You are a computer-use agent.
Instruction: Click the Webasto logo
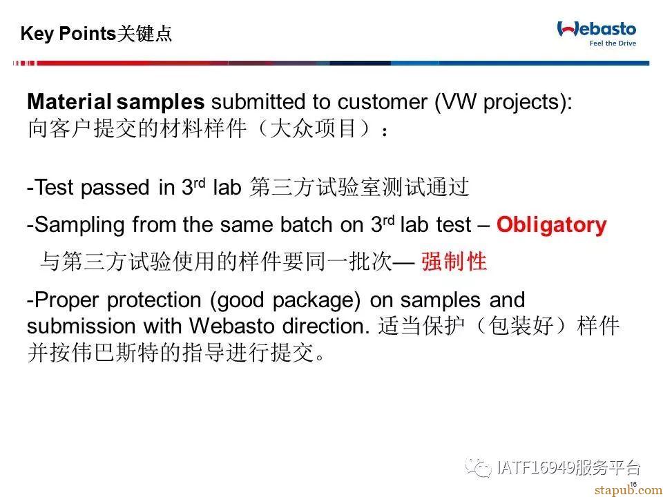[x=596, y=33]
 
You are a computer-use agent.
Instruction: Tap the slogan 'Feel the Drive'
[x=613, y=43]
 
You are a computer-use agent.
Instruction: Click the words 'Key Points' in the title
[x=68, y=33]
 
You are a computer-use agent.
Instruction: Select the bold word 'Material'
[x=69, y=102]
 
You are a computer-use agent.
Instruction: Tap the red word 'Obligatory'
[x=551, y=225]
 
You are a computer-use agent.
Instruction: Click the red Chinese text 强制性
[x=454, y=261]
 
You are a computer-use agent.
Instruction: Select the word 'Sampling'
[x=79, y=225]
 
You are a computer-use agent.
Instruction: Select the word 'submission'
[x=81, y=326]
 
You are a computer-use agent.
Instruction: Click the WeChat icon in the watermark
[x=478, y=467]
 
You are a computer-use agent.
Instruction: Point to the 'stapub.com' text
[x=628, y=490]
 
